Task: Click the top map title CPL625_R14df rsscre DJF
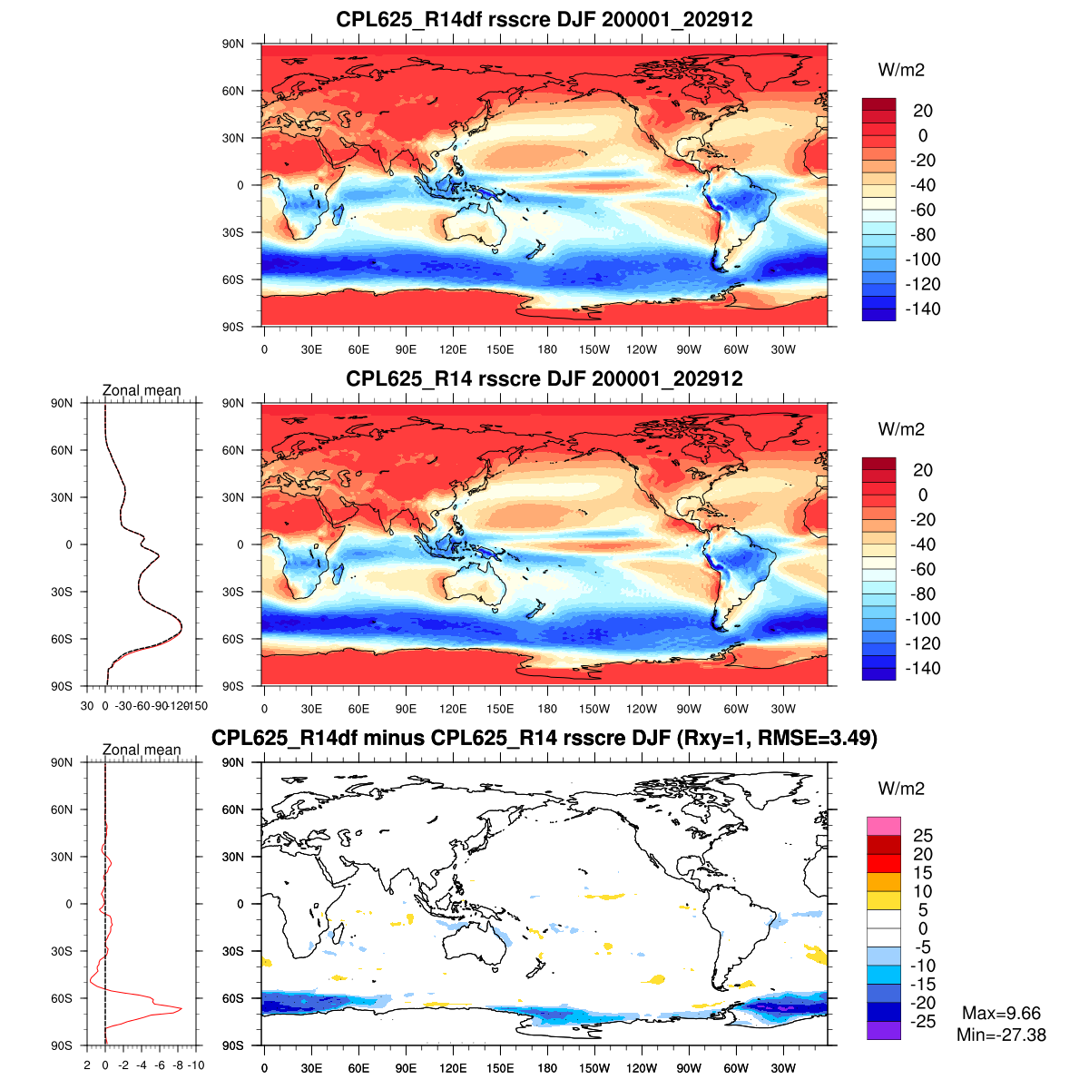point(544,19)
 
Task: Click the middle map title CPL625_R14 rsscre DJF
point(544,378)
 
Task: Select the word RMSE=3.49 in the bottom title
point(821,738)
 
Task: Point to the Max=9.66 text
point(1001,1014)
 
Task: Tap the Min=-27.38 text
point(1001,1035)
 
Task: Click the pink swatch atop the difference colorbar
point(883,826)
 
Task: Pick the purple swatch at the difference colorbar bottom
point(883,1030)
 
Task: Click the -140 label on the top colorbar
point(923,309)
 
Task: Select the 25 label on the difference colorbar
point(922,836)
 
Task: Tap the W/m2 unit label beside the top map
point(901,70)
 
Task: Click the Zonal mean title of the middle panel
point(142,390)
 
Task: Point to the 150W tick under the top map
point(594,349)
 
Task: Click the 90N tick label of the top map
point(234,44)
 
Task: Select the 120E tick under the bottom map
point(453,1068)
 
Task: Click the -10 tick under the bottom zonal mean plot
point(195,1065)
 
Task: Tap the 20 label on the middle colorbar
point(922,470)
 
